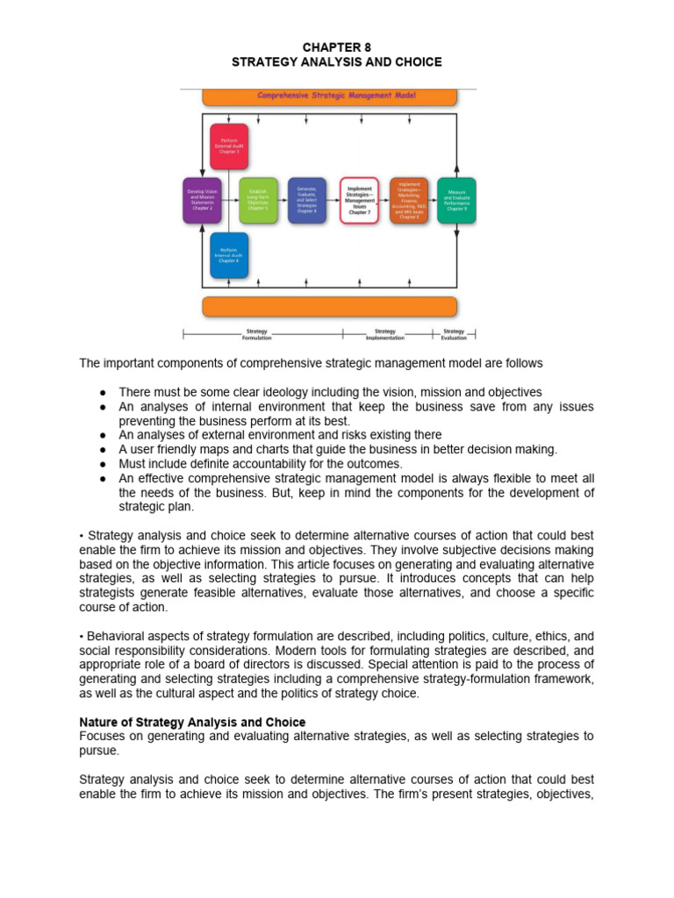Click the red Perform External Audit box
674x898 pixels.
[228, 146]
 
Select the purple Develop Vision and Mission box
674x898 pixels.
[202, 200]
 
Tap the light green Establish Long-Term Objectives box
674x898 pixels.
[257, 200]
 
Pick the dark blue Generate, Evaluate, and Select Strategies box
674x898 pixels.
[307, 200]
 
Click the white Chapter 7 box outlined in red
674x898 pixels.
[359, 200]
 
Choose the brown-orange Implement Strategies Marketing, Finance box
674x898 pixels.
[409, 200]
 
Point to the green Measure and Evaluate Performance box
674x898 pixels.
[456, 200]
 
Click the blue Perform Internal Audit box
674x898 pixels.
[228, 255]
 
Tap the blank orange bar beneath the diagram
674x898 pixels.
[329, 306]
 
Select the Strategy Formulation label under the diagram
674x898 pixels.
[257, 334]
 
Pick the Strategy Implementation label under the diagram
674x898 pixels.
[384, 334]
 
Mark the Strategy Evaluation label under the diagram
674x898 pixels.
[454, 334]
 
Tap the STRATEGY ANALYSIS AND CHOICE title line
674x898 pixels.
[336, 62]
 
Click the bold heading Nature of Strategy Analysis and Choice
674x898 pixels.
[192, 723]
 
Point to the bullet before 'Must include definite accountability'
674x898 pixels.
[103, 464]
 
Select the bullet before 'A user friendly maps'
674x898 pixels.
[103, 450]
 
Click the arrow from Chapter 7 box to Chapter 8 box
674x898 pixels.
[384, 200]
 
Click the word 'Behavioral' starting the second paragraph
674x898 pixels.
[114, 637]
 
